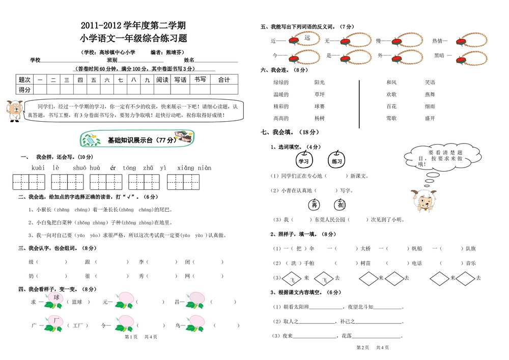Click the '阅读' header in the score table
[162, 80]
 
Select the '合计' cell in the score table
[224, 80]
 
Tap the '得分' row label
[24, 90]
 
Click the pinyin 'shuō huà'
[87, 168]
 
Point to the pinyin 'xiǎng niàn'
[194, 168]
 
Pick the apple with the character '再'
[315, 204]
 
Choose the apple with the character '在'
[340, 204]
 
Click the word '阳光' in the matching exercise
[320, 82]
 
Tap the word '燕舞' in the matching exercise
[430, 94]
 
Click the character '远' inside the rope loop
[307, 38]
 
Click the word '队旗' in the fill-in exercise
[470, 248]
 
